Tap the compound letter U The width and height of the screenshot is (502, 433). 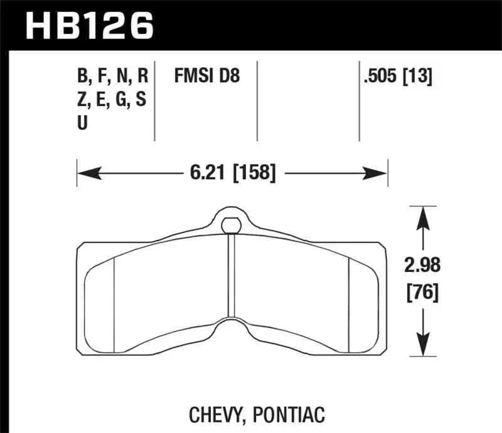(x=82, y=123)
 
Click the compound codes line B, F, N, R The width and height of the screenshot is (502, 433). (x=112, y=77)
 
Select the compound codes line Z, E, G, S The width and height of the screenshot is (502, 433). (x=112, y=100)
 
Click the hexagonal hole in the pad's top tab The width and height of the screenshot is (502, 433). (x=232, y=223)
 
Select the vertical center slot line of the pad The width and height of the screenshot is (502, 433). (x=232, y=276)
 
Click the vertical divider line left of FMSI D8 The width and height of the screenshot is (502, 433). (x=154, y=100)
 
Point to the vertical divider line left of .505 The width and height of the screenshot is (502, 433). (x=358, y=100)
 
